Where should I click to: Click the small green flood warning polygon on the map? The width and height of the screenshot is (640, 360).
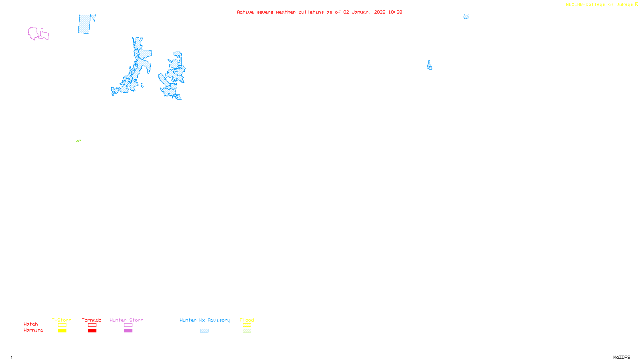tap(78, 141)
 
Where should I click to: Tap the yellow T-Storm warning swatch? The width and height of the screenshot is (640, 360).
tap(62, 331)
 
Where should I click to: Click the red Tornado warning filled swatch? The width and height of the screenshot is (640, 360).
tap(92, 331)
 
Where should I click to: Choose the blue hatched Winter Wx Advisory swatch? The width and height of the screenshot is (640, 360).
tap(204, 331)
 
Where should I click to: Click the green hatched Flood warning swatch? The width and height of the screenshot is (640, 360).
tap(247, 331)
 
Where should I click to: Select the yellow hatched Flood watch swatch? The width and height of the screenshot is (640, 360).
tap(247, 325)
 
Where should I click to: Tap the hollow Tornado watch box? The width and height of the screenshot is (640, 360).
tap(92, 325)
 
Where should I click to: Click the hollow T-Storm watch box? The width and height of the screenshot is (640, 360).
tap(62, 325)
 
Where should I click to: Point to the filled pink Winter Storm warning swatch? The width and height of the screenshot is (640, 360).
tap(128, 331)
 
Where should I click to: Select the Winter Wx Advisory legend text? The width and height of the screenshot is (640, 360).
tap(205, 320)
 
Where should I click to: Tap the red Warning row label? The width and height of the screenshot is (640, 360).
tap(33, 330)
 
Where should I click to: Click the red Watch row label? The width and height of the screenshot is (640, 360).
tap(30, 324)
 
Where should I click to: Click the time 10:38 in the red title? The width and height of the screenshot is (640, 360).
tap(395, 12)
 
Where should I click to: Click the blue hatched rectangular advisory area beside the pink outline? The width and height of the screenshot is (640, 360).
tap(84, 24)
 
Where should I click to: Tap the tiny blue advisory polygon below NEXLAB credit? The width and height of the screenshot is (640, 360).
tap(466, 17)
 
